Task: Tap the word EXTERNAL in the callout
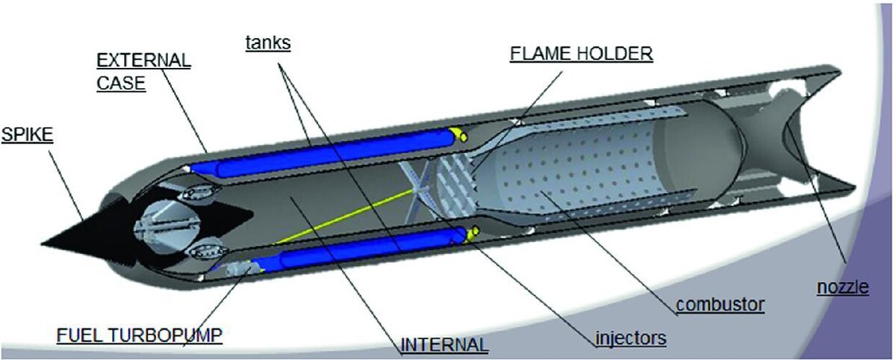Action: [x=143, y=59]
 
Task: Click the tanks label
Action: [x=268, y=43]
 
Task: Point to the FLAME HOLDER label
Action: [x=581, y=55]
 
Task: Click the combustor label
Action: [x=720, y=305]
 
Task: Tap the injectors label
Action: [x=630, y=338]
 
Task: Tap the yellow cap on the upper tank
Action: [x=458, y=134]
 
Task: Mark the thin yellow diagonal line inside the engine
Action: [x=343, y=217]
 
